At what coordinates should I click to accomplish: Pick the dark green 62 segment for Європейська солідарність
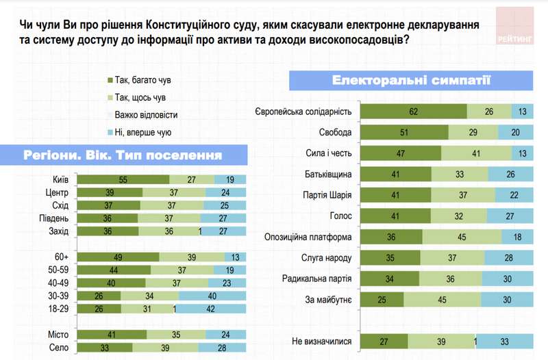point(413,112)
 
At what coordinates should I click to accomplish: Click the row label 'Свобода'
point(335,132)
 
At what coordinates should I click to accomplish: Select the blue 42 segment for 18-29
point(212,309)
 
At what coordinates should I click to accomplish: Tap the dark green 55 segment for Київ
point(123,179)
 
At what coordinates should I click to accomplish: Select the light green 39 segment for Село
point(164,347)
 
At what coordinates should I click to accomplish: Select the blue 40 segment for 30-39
point(213,296)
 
